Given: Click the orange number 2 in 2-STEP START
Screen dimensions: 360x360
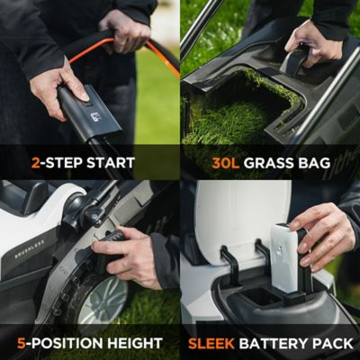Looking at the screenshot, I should coord(36,163).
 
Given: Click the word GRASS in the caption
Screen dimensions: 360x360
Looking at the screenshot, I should coord(275,163).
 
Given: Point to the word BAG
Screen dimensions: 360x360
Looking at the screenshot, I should coord(324,163).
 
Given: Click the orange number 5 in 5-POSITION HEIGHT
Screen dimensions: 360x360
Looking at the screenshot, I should coord(22,343).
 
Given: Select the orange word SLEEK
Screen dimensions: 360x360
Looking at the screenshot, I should coord(214,343).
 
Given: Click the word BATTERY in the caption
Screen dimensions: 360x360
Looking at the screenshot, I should coord(279,343).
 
